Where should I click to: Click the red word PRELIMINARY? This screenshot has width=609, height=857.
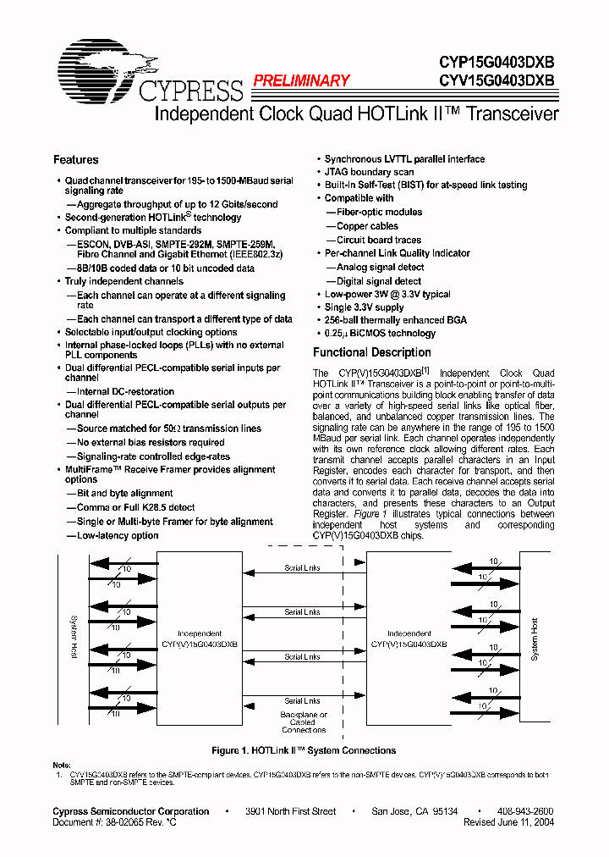[x=301, y=80]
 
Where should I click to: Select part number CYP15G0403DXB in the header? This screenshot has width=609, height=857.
[x=497, y=62]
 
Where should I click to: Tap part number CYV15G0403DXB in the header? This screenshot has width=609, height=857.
[x=497, y=80]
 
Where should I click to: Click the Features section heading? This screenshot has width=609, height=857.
[x=75, y=159]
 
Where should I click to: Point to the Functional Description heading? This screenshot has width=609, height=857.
[x=372, y=352]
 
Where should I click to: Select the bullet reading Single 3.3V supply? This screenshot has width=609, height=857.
[x=364, y=307]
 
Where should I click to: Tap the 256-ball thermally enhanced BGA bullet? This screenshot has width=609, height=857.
[x=395, y=320]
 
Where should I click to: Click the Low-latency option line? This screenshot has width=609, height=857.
[x=118, y=535]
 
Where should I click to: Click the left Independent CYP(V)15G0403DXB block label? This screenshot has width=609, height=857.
[x=200, y=639]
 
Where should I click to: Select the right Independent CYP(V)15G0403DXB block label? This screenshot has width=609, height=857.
[x=409, y=639]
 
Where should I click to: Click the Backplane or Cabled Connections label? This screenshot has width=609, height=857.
[x=304, y=722]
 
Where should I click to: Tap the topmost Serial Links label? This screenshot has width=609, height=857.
[x=302, y=568]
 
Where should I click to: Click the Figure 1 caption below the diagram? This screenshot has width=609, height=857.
[x=303, y=750]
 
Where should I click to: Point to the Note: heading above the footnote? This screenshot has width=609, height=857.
[x=62, y=766]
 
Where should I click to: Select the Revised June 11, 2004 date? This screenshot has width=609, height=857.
[x=508, y=822]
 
